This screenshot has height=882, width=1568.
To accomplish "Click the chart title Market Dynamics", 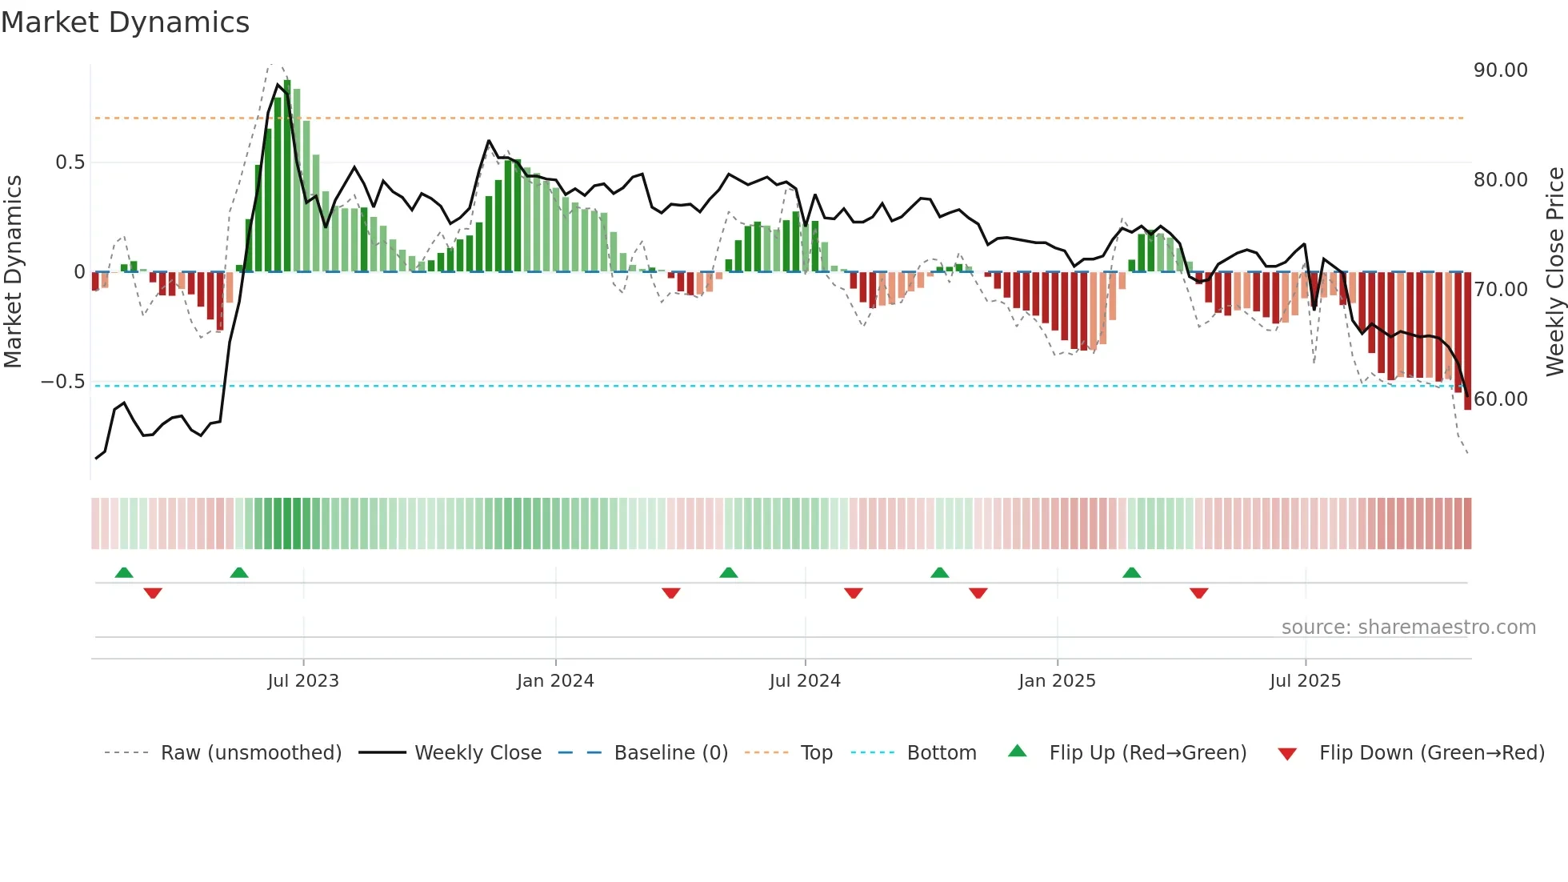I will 125,22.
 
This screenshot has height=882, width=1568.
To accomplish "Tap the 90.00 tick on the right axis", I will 1500,70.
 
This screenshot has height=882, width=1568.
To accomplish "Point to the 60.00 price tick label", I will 1500,399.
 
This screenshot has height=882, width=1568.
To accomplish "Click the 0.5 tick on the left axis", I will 70,162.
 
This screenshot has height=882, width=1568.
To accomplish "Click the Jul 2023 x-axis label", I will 303,681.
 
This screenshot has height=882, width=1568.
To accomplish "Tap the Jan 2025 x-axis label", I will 1057,681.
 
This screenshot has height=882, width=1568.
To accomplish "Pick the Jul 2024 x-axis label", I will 805,681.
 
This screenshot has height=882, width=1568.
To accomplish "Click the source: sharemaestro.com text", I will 1408,627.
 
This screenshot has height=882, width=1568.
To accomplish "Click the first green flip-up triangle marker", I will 124,573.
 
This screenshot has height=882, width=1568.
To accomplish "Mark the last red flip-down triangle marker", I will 1198,593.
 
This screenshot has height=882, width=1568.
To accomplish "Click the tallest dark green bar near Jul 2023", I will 287,176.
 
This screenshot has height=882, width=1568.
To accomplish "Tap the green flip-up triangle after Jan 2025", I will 1131,573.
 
